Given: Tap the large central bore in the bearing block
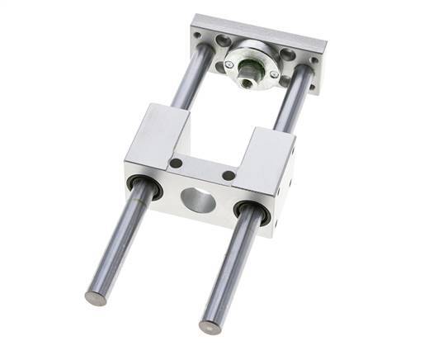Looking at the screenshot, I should pos(197,199).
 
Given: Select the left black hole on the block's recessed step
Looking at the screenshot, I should pos(176,163).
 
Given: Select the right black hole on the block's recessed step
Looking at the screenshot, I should pos(229,175).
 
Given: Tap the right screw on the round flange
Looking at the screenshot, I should pos(275,75).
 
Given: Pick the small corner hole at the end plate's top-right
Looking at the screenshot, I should pos(313,59).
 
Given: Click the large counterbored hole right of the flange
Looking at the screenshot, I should pos(288,55).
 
